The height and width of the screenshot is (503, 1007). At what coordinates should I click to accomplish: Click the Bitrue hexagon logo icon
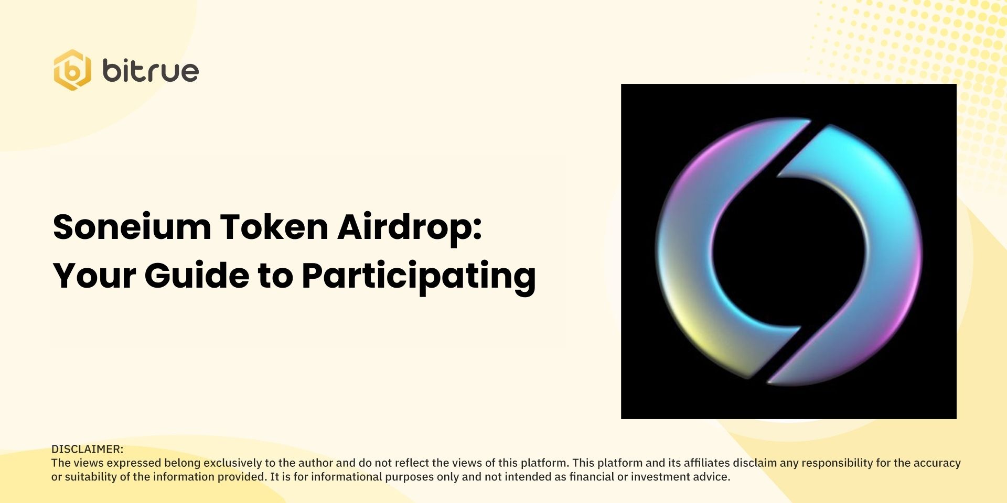[x=72, y=70]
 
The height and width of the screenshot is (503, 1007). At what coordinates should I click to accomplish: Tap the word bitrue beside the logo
[x=151, y=71]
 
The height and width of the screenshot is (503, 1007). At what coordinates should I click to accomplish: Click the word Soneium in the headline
[x=132, y=227]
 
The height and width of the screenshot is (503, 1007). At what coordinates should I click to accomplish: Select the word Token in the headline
[x=274, y=227]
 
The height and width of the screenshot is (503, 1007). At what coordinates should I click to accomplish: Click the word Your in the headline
[x=94, y=276]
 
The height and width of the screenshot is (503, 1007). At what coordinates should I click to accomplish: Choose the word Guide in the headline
[x=197, y=276]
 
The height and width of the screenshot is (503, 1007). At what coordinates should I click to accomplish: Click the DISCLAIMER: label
[x=87, y=449]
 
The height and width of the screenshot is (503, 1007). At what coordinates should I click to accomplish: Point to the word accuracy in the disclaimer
[x=937, y=463]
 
